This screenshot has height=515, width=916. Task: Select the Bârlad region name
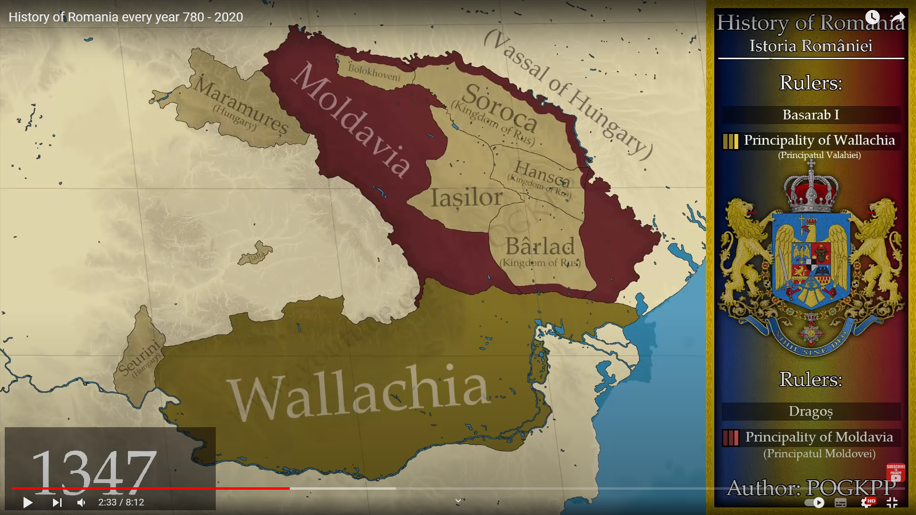[x=540, y=247]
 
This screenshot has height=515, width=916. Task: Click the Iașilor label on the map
[x=466, y=197]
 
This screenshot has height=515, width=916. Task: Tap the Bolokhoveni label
[x=374, y=72]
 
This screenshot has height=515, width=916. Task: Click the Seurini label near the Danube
[x=139, y=358]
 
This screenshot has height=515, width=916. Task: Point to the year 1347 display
[x=94, y=472]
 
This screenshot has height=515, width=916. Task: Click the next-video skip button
[x=57, y=502]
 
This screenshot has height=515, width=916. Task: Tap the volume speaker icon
[x=82, y=502]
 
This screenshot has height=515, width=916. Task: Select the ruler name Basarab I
[x=811, y=115]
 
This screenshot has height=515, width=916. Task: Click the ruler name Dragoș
[x=811, y=411]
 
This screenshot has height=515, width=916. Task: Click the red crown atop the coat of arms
[x=811, y=191]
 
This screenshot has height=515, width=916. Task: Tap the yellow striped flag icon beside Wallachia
[x=730, y=141]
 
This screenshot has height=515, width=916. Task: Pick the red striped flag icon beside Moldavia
[x=730, y=438]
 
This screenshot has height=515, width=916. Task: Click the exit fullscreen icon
[x=892, y=502]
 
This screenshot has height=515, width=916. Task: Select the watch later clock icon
[x=872, y=17]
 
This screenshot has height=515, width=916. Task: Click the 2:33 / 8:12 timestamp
[x=121, y=502]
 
